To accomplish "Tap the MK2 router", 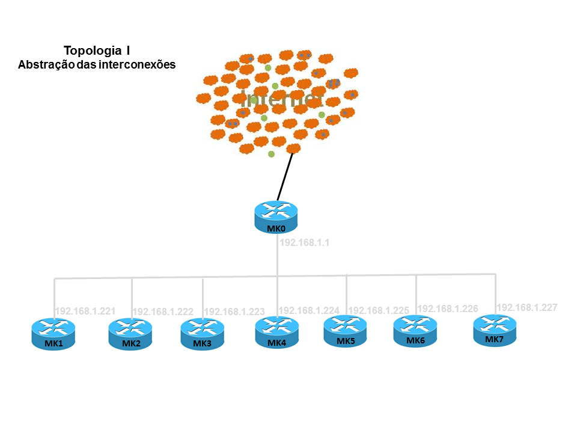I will pyautogui.click(x=130, y=334).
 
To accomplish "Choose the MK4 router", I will pyautogui.click(x=277, y=332).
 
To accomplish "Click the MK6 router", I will pyautogui.click(x=415, y=331).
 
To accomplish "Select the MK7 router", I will pyautogui.click(x=495, y=330).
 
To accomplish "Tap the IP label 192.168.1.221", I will pyautogui.click(x=85, y=312).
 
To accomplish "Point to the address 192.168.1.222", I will pyautogui.click(x=162, y=312).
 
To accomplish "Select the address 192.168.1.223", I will pyautogui.click(x=234, y=312).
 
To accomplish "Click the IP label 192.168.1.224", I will pyautogui.click(x=309, y=310).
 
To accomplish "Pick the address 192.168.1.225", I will pyautogui.click(x=379, y=310).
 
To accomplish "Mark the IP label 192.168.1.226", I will pyautogui.click(x=448, y=309).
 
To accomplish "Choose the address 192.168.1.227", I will pyautogui.click(x=527, y=307).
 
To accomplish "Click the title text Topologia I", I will pyautogui.click(x=97, y=51).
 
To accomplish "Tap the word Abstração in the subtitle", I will pyautogui.click(x=43, y=64).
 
